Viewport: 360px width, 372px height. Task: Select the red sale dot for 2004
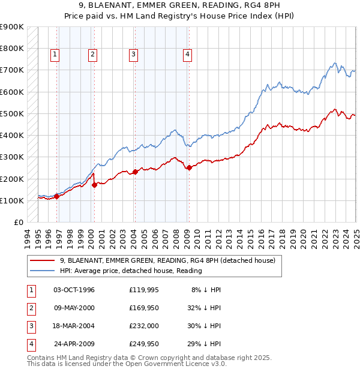pyautogui.click(x=135, y=172)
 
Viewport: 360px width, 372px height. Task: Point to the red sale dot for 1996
pyautogui.click(x=57, y=196)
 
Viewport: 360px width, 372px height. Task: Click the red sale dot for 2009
pyautogui.click(x=189, y=168)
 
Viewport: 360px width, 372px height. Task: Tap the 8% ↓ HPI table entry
pyautogui.click(x=206, y=290)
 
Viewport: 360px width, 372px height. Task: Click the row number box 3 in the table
pyautogui.click(x=30, y=326)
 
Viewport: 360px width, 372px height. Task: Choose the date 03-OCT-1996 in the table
pyautogui.click(x=74, y=290)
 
